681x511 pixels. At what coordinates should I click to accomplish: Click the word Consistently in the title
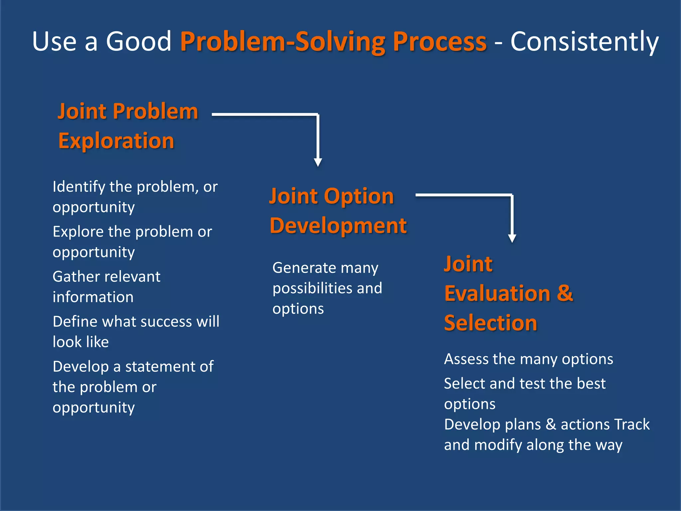point(584,42)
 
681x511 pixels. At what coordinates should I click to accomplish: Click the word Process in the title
point(440,42)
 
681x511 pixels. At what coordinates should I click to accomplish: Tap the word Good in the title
point(138,42)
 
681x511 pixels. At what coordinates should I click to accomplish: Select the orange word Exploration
point(116,141)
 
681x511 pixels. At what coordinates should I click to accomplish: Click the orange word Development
point(338,226)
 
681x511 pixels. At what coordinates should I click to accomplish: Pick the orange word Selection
point(490,323)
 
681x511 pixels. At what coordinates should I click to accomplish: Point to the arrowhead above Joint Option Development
point(318,162)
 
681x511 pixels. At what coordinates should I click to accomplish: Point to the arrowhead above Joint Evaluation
point(512,238)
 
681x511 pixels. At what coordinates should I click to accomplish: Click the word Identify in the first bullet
point(79,187)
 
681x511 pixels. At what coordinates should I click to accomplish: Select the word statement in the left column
point(160,367)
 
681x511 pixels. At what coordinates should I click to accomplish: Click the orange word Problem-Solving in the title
point(283,42)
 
